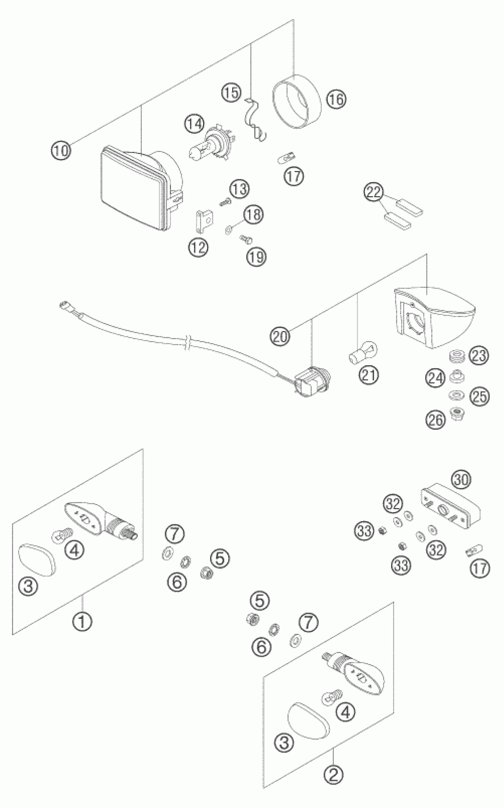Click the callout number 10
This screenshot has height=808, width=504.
click(x=61, y=150)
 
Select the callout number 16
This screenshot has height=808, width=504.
click(x=336, y=99)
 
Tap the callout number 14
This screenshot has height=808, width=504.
click(x=194, y=124)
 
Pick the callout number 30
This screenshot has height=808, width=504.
click(x=462, y=480)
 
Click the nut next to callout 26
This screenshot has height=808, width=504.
click(x=455, y=414)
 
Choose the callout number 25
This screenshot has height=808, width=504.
click(x=479, y=397)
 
